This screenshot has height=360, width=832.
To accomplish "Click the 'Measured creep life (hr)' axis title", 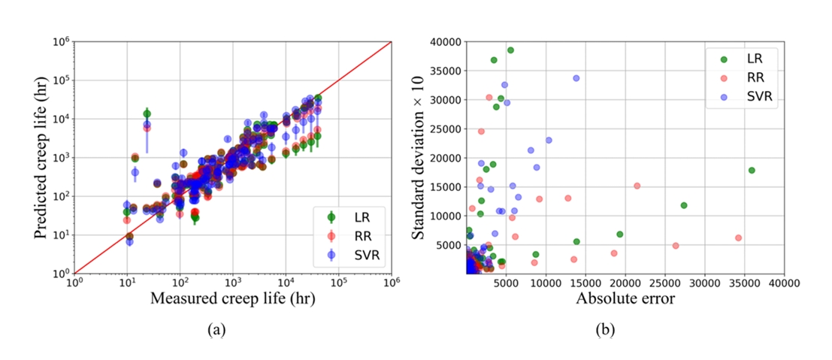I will click(x=232, y=298).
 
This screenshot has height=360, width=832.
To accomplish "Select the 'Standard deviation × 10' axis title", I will click(x=418, y=158).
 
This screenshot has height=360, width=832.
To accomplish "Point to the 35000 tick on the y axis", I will click(x=446, y=71).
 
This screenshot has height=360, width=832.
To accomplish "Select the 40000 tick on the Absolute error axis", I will click(x=784, y=283).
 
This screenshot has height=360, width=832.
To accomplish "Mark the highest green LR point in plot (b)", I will click(x=510, y=50).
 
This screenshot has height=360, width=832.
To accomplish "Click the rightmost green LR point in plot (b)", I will click(x=751, y=170).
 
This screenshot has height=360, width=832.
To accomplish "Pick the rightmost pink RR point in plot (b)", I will click(x=738, y=237).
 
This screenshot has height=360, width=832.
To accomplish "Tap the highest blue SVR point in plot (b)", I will click(x=576, y=77).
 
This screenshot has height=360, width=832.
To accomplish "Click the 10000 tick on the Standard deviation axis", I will click(x=446, y=216).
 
